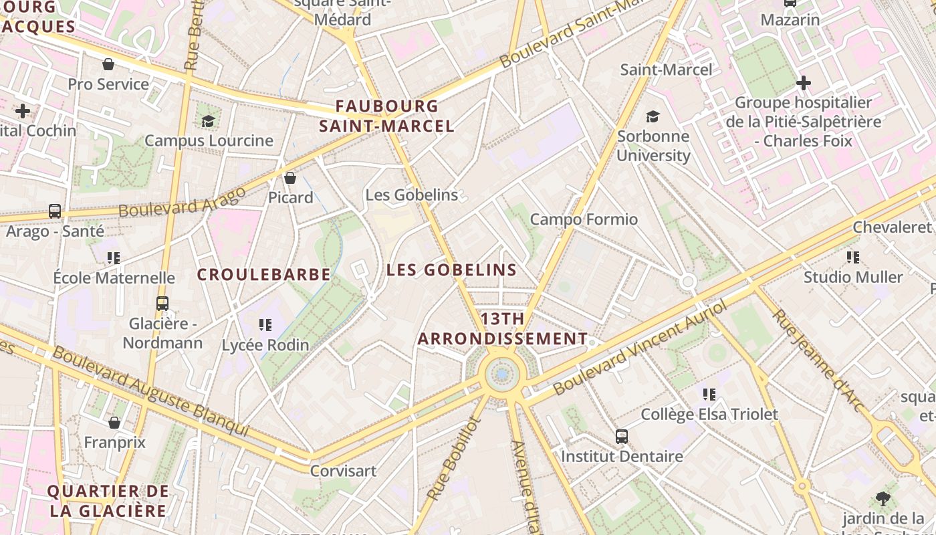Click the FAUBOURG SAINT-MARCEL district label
pyautogui.click(x=386, y=116)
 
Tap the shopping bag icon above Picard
pyautogui.click(x=290, y=178)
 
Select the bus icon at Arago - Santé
pyautogui.click(x=55, y=211)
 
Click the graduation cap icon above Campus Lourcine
pyautogui.click(x=209, y=121)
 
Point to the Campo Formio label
pyautogui.click(x=584, y=219)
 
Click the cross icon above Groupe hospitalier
pyautogui.click(x=804, y=83)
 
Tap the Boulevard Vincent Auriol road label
pyautogui.click(x=640, y=348)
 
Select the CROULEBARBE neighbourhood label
pyautogui.click(x=264, y=274)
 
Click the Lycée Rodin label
pyautogui.click(x=265, y=345)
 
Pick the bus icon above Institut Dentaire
pyautogui.click(x=622, y=437)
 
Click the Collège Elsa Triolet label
pyautogui.click(x=709, y=415)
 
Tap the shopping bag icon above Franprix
pyautogui.click(x=114, y=423)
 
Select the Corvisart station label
pyautogui.click(x=343, y=471)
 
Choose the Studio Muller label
pyautogui.click(x=853, y=277)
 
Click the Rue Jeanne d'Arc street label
pyautogui.click(x=818, y=357)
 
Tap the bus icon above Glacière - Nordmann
pyautogui.click(x=162, y=303)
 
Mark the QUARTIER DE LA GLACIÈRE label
pyautogui.click(x=107, y=501)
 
